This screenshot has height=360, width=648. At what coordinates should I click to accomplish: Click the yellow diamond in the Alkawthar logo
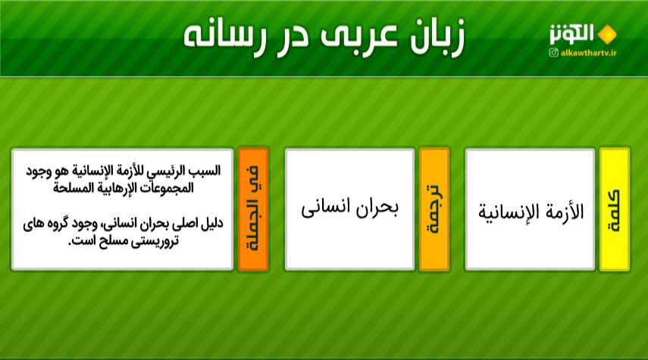point(606,34)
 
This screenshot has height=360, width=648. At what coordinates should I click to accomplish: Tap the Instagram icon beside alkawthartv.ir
point(554,53)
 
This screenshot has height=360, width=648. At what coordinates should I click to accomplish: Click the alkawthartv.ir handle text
point(588,53)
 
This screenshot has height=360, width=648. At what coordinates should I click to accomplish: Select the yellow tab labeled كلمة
point(615,209)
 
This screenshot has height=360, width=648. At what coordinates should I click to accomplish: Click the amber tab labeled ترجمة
point(434,209)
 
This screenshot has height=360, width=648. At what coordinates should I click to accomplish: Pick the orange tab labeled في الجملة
point(253,209)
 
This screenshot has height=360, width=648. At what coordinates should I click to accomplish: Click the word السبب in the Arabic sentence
point(205,170)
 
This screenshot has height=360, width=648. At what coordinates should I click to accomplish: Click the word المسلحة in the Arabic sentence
point(70,187)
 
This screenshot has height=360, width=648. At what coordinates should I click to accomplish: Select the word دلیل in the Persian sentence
point(214,224)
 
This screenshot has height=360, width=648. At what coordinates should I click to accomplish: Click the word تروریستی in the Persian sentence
point(155,241)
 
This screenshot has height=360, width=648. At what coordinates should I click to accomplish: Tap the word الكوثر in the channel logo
point(571,34)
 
